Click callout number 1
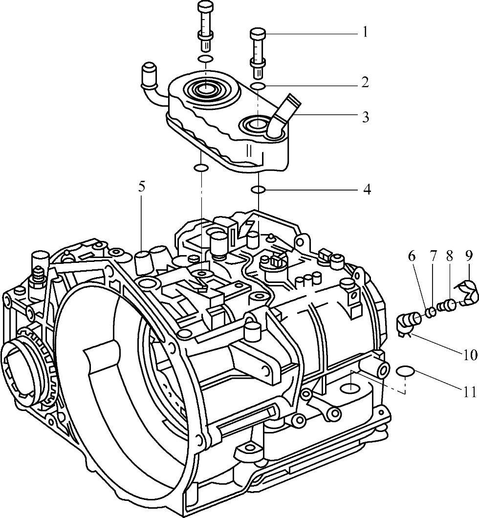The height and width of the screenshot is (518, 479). pos(365,33)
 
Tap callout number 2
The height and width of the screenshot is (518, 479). pos(365,82)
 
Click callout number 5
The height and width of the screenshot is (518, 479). pos(142,187)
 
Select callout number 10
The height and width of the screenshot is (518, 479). pos(470,355)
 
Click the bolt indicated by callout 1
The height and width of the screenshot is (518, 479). pos(258,51)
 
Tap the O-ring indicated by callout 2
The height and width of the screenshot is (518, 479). pos(258,86)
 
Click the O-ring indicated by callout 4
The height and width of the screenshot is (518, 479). pos(258,189)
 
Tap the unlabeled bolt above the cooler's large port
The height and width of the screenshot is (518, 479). pos(205,27)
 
